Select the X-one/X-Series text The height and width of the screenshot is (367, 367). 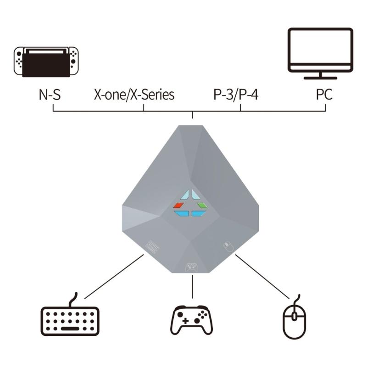pos(134,95)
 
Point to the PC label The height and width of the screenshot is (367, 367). pos(324,95)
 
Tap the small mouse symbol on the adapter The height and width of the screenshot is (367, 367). pos(228,247)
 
